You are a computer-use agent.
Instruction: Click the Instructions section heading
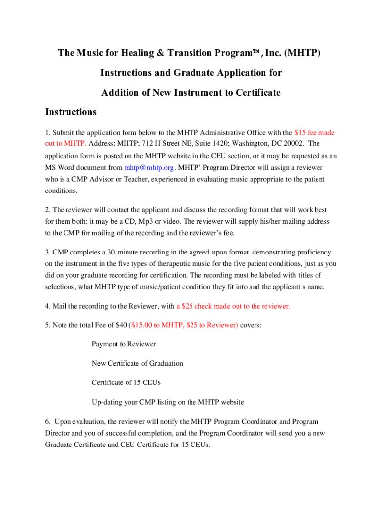click(71, 112)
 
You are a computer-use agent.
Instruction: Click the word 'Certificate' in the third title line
click(255, 92)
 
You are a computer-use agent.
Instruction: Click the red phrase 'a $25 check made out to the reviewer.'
click(233, 306)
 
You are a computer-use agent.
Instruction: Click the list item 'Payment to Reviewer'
click(124, 344)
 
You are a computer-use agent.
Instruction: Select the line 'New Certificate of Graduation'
click(137, 363)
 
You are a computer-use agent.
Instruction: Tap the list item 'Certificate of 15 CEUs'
click(126, 382)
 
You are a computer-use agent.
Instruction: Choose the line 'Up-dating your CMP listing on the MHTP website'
click(168, 402)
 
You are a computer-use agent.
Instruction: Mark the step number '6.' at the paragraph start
click(48, 421)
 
